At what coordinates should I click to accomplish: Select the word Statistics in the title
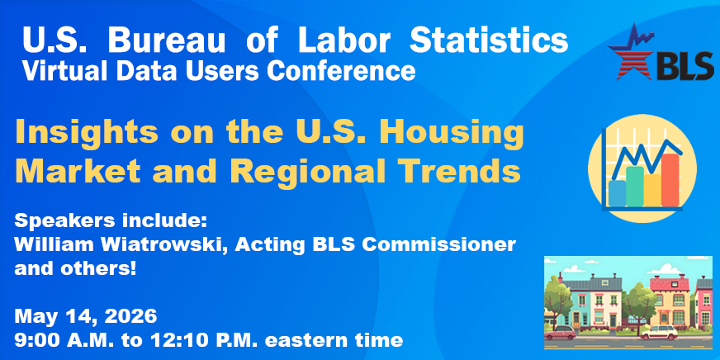pos(494,40)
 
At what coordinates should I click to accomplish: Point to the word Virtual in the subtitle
pos(59,72)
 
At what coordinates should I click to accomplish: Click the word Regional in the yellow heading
pos(301,171)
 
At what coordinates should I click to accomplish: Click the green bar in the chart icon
pos(634,187)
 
